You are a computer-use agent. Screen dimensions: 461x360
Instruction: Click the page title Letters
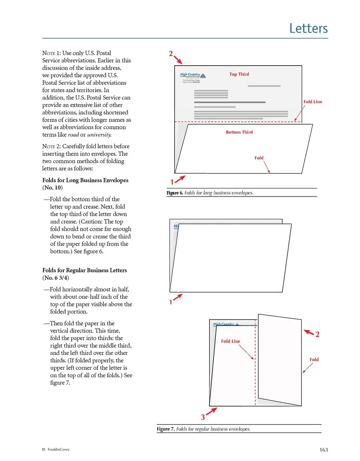point(309,29)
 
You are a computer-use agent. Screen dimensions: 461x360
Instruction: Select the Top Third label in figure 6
point(239,74)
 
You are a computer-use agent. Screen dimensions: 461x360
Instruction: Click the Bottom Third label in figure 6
point(239,132)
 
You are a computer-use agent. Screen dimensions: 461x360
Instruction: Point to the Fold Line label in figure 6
point(312,102)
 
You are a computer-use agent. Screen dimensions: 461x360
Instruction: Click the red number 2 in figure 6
point(170,53)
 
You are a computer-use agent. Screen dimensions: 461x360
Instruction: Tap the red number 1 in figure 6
point(172,182)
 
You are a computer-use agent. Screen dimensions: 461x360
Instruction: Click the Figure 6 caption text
point(210,193)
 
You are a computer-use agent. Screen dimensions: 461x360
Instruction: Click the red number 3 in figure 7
point(203,417)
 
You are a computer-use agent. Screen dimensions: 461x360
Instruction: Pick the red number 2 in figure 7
point(317,335)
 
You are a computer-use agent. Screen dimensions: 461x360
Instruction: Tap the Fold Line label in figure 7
point(230,341)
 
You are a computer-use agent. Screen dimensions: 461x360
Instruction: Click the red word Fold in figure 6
point(259,158)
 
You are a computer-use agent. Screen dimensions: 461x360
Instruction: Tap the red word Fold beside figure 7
point(314,359)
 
